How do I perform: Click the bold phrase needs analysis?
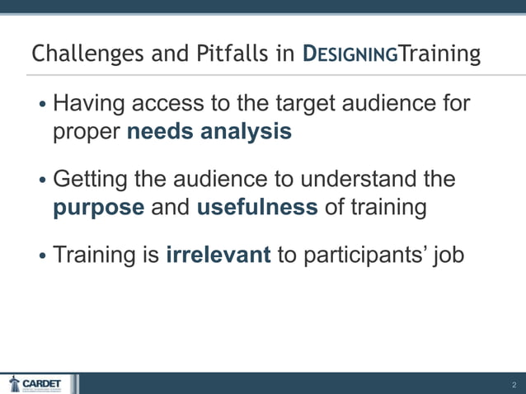click(x=209, y=131)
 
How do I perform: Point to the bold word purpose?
click(x=98, y=207)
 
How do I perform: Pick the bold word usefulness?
click(x=256, y=207)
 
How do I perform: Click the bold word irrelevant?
click(x=218, y=255)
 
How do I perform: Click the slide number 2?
click(x=513, y=385)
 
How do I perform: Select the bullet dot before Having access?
click(x=42, y=106)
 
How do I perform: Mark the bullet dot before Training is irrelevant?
click(x=42, y=256)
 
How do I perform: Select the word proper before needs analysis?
click(x=87, y=132)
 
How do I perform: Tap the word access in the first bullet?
click(x=175, y=106)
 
